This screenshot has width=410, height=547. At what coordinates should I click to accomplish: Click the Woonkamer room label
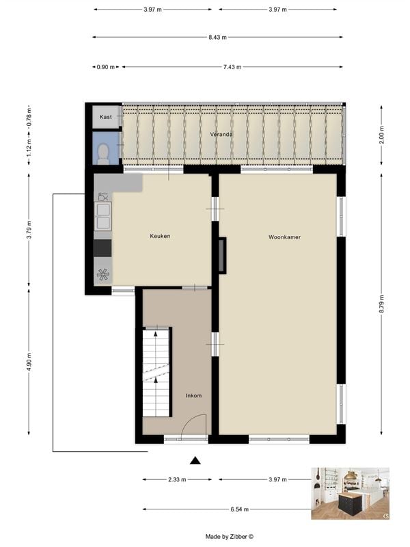284,237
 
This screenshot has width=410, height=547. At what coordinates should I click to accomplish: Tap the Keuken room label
160,236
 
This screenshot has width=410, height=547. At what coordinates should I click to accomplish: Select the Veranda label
221,135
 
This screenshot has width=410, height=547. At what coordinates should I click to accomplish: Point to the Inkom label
194,396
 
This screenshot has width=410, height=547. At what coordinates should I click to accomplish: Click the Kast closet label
106,118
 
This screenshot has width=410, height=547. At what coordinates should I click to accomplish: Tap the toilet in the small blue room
103,152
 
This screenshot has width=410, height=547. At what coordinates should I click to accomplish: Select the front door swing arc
194,425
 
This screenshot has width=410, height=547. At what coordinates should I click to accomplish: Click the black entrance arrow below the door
195,460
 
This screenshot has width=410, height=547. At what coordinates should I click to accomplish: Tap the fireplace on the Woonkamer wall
221,255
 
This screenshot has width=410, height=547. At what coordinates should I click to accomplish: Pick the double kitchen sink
103,222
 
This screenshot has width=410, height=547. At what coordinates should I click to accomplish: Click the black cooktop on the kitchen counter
102,247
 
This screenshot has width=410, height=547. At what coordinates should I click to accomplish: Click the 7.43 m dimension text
232,67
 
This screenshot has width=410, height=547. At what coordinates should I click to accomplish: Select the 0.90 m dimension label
106,67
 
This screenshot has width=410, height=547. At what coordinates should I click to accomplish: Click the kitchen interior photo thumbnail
350,493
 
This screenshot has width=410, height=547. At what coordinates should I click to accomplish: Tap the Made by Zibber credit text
230,537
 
